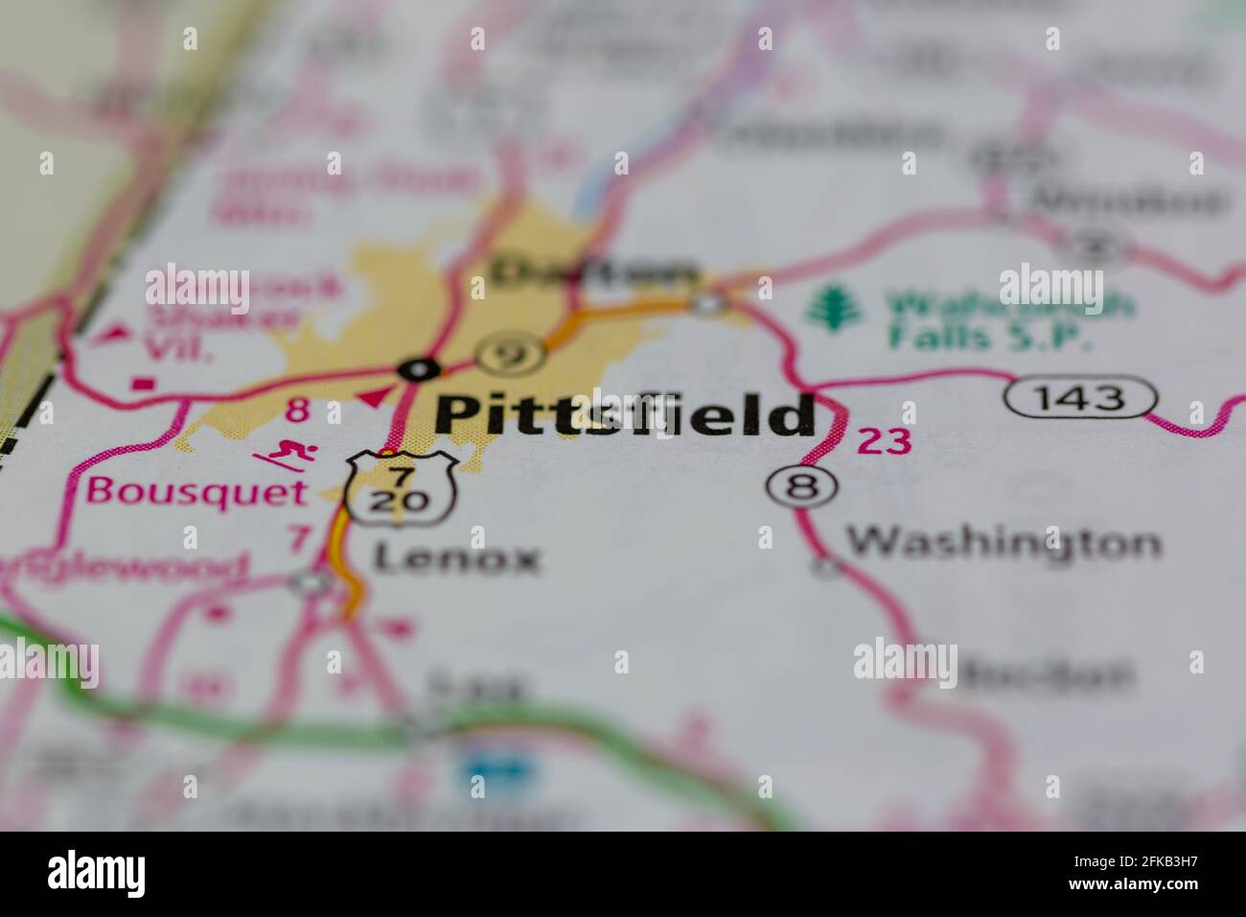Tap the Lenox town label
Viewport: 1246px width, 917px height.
point(456,558)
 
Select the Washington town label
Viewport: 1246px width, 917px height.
point(1003,544)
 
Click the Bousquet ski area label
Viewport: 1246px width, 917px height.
point(196,491)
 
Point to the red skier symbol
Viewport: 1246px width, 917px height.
point(283,454)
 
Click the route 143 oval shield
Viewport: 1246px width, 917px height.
point(1080,396)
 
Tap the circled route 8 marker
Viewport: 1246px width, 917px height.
point(801,487)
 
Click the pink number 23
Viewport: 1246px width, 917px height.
point(883,441)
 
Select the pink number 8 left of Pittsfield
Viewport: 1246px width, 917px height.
point(297,411)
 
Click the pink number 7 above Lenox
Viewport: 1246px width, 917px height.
point(299,538)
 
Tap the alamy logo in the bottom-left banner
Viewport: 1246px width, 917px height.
point(97,873)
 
